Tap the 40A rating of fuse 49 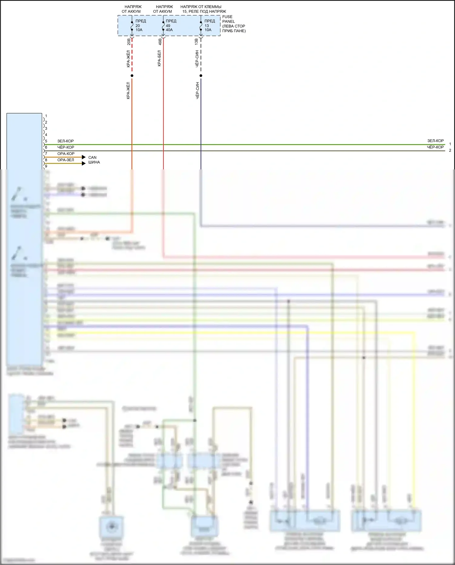(169, 30)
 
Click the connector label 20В (129, 42)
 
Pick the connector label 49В (160, 42)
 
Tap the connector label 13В (197, 42)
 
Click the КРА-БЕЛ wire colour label (160, 59)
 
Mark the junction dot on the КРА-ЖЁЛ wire (132, 76)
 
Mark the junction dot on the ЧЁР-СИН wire (201, 76)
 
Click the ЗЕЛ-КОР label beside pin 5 (66, 141)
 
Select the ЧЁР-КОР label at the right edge (435, 147)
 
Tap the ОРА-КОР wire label (66, 154)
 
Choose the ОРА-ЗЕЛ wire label (66, 160)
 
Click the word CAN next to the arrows (92, 158)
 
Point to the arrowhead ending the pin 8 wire (84, 164)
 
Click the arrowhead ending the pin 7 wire (84, 157)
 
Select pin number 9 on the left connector (46, 166)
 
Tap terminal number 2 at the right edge (450, 151)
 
